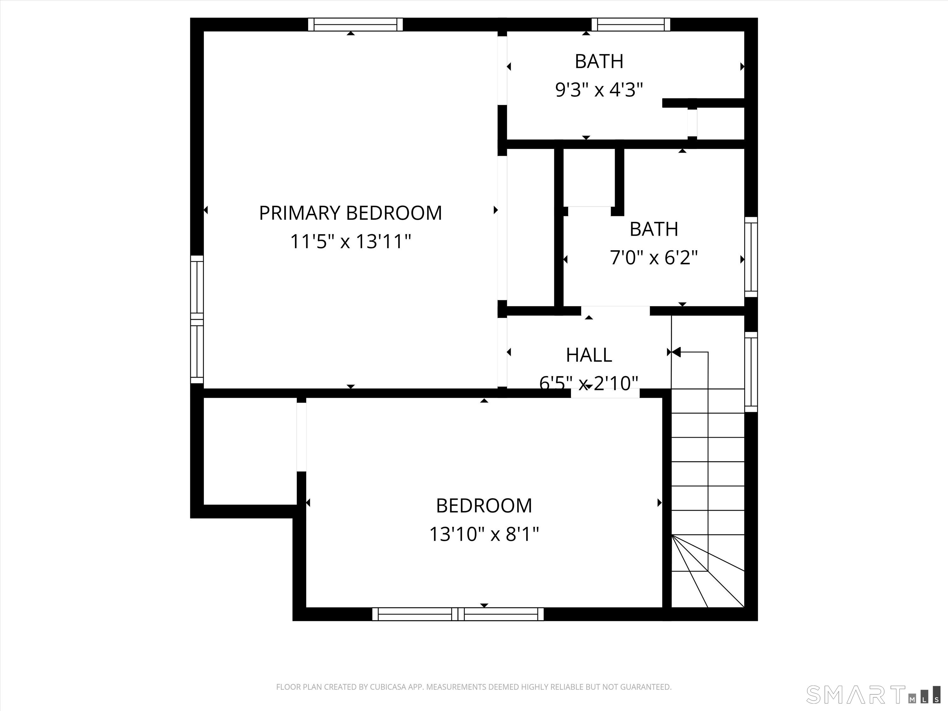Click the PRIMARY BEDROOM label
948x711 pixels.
point(350,213)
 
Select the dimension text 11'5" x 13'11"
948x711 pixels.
point(350,241)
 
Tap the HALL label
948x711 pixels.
point(588,355)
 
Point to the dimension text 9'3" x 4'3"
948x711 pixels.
point(599,90)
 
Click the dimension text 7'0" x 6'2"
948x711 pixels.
point(653,258)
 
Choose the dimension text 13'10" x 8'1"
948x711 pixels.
point(484,534)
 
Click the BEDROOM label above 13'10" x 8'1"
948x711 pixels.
point(484,506)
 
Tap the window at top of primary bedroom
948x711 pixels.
point(355,24)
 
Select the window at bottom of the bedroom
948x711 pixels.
point(458,614)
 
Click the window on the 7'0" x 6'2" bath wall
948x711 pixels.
point(751,257)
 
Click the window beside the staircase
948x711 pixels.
point(751,372)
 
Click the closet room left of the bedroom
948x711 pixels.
point(250,451)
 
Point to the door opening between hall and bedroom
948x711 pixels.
point(605,393)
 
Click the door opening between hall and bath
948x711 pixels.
point(615,311)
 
